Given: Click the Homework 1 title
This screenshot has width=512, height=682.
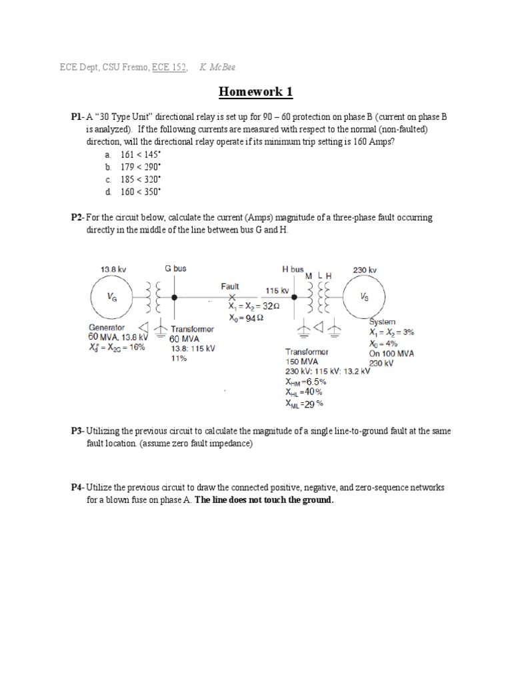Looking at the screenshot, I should click(255, 91).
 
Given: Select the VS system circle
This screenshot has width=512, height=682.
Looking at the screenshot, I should click(364, 298).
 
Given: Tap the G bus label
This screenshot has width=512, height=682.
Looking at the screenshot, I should click(175, 268).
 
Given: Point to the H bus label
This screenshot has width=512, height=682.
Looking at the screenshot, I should click(293, 269).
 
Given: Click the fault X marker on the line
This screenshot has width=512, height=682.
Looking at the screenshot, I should click(232, 297).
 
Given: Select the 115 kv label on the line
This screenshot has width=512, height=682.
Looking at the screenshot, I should click(277, 291).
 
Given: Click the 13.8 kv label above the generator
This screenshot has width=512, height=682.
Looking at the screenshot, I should click(113, 269).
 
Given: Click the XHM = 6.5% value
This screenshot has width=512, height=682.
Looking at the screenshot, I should click(306, 382).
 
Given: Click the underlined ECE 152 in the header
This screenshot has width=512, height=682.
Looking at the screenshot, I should click(169, 67).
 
